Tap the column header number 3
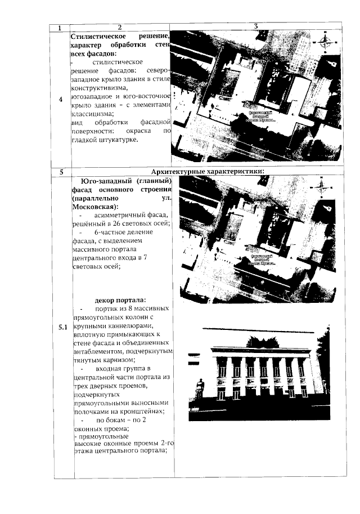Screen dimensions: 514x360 tap(256, 26)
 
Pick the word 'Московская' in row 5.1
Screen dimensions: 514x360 tap(90, 207)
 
